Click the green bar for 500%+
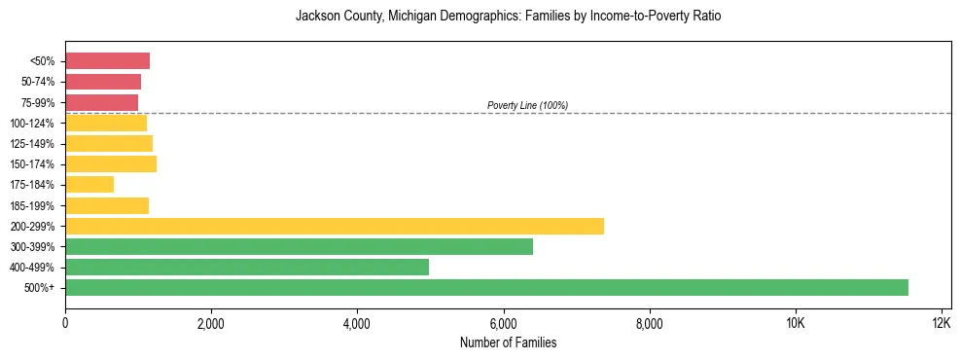click(x=486, y=287)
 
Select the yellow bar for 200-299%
click(x=335, y=226)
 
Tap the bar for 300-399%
click(x=299, y=246)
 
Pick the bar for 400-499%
click(x=247, y=267)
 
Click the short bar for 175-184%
click(x=89, y=184)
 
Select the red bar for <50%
click(x=107, y=60)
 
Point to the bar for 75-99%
click(x=101, y=102)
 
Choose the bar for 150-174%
click(x=111, y=163)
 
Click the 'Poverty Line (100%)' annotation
click(x=527, y=105)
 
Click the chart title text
click(x=508, y=17)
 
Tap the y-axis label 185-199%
click(x=37, y=205)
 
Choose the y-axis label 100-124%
click(x=37, y=123)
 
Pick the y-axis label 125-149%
click(x=37, y=143)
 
